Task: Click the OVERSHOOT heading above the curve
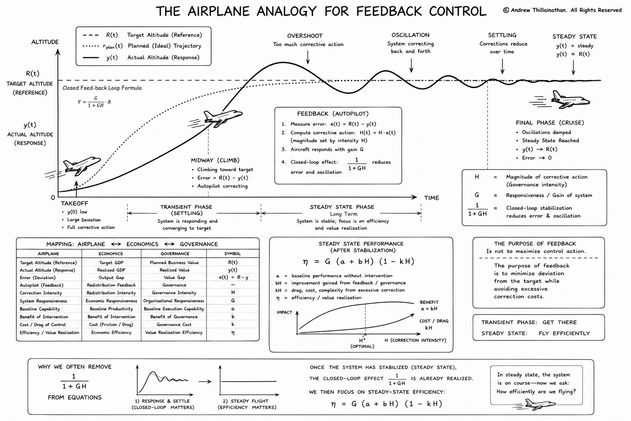(305, 36)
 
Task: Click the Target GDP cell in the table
(111, 263)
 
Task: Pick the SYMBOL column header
(233, 254)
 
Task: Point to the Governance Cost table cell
(174, 324)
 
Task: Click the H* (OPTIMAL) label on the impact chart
(362, 343)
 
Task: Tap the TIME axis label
(432, 198)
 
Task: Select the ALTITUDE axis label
(45, 42)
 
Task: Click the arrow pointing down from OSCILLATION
(411, 66)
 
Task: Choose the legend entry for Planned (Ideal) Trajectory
(142, 46)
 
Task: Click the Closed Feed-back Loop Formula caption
(102, 88)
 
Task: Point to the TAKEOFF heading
(74, 204)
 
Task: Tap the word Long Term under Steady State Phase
(344, 214)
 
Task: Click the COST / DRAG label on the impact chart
(434, 321)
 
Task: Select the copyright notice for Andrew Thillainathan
(562, 10)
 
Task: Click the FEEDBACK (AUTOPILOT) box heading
(333, 113)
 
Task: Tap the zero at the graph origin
(53, 198)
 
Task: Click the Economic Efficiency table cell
(111, 333)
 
